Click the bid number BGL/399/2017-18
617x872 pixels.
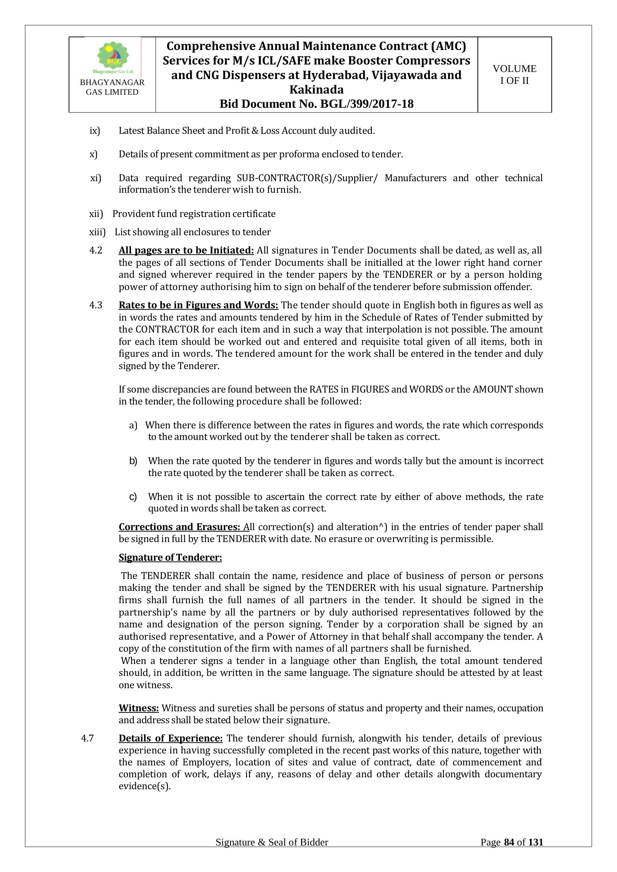(367, 104)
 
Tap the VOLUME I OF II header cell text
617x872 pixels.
(514, 75)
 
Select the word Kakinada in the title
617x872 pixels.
(316, 89)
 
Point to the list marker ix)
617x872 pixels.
(95, 131)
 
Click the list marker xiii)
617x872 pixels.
(97, 232)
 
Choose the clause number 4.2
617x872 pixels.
(96, 251)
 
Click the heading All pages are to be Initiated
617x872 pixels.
(186, 251)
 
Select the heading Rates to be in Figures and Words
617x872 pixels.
(198, 305)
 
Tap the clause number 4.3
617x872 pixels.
(96, 305)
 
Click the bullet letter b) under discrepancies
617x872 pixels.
(133, 461)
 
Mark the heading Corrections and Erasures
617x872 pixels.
(179, 527)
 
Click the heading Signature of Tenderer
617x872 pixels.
(170, 557)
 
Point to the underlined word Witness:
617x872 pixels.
(139, 708)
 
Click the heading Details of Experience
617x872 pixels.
(170, 739)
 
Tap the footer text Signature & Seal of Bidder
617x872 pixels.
(272, 853)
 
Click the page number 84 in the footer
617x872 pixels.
(509, 853)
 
